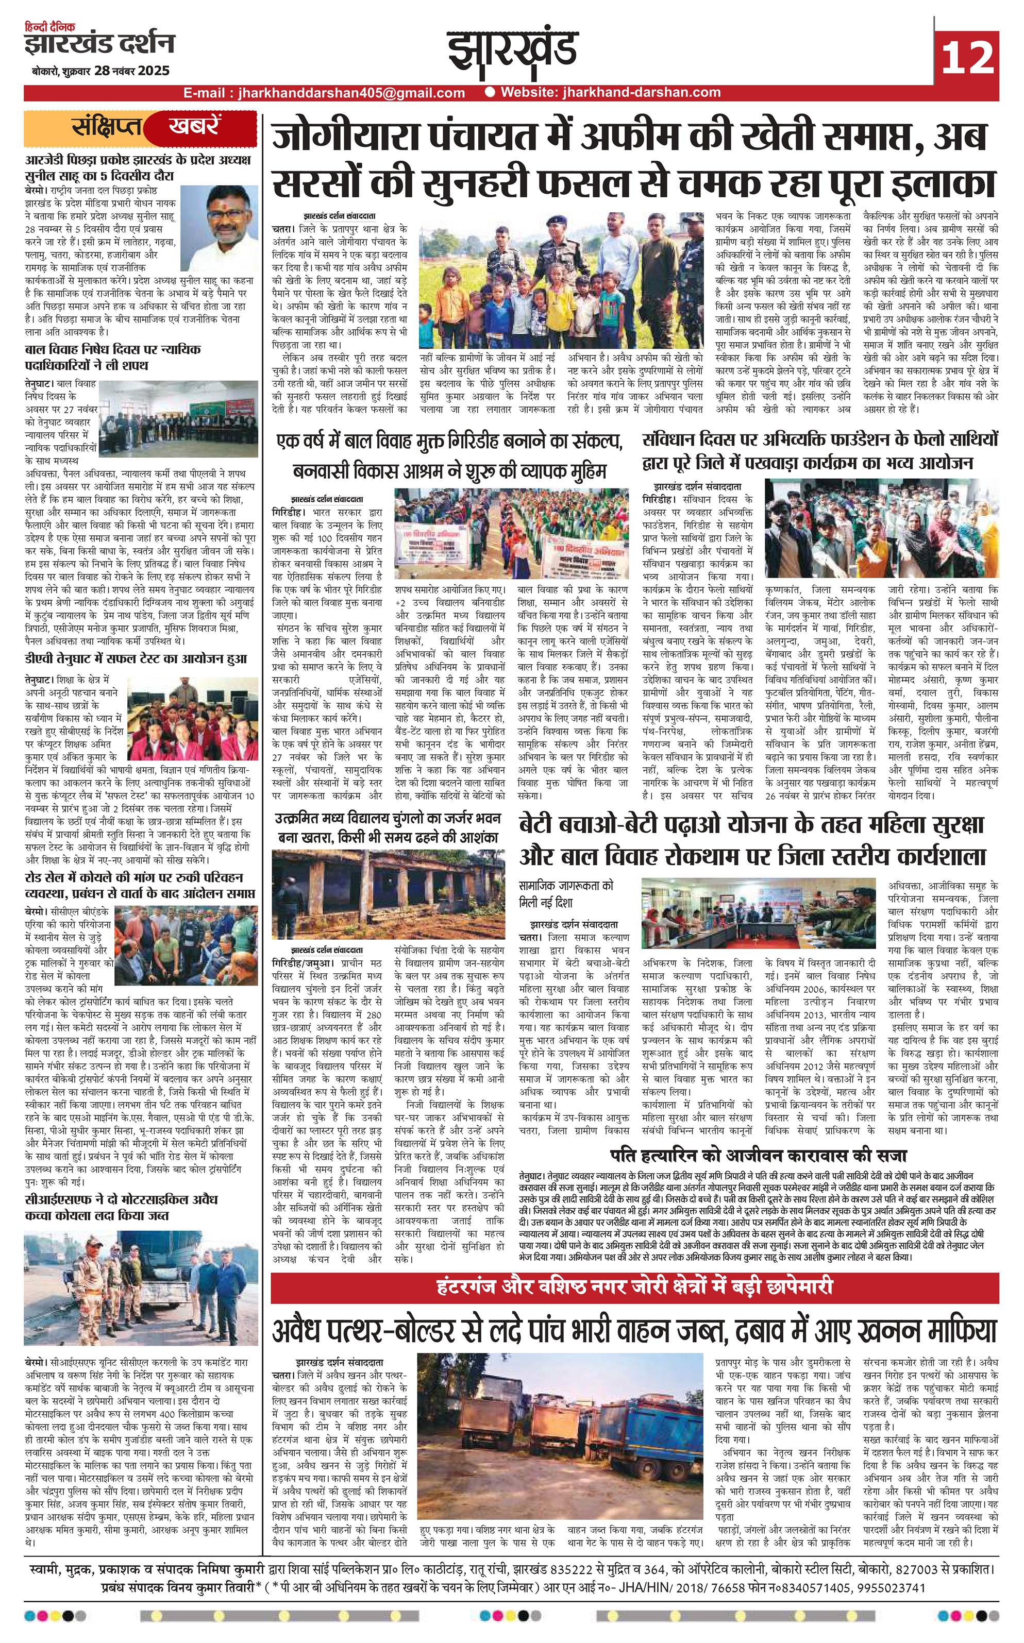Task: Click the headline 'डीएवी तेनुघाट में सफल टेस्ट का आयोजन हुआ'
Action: point(136,658)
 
